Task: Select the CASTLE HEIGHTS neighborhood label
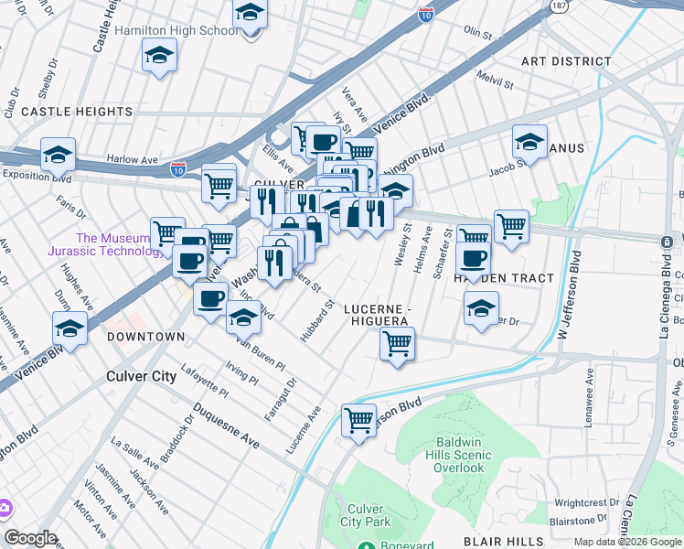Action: point(77,112)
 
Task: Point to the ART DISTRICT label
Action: point(565,61)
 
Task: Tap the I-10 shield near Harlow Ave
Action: point(178,168)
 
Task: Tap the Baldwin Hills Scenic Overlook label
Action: point(458,460)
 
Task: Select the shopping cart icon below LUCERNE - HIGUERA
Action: point(397,344)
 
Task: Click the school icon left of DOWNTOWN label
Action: point(70,327)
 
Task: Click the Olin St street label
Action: point(477,32)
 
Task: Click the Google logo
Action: point(30,538)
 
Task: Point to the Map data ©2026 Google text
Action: point(627,542)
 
